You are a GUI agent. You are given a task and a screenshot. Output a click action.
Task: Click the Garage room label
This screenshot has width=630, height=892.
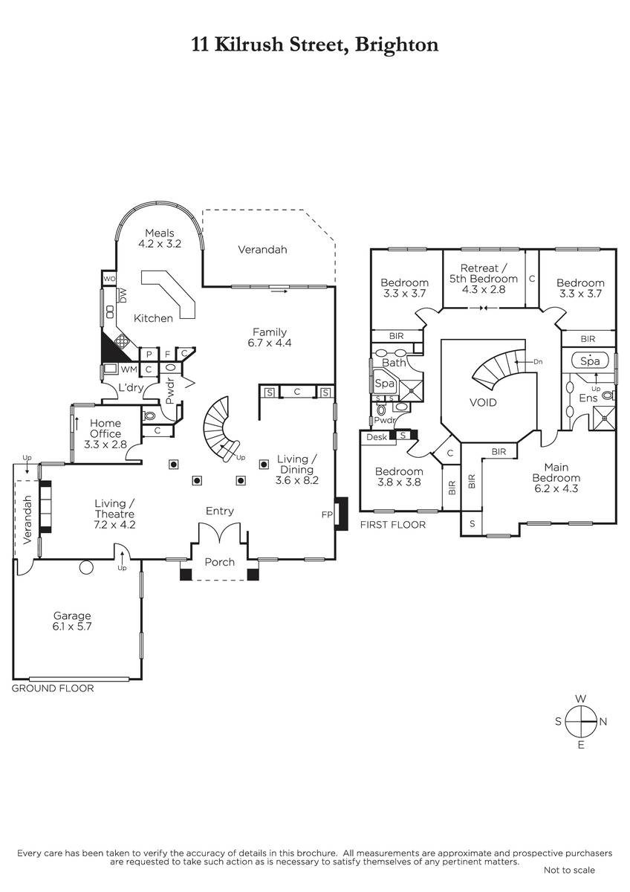tap(72, 621)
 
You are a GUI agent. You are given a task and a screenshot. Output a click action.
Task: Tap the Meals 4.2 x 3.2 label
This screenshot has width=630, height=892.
tap(160, 238)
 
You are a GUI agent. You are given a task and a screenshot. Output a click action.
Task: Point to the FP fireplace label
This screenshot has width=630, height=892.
tap(327, 514)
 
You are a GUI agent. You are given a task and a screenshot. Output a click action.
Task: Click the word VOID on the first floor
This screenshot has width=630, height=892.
tap(483, 402)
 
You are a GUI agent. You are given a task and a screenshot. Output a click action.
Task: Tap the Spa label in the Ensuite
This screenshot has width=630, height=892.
tap(589, 361)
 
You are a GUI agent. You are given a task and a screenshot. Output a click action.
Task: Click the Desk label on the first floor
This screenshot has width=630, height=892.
tap(377, 436)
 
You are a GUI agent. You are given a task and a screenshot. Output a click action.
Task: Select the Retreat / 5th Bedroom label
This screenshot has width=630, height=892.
tap(483, 279)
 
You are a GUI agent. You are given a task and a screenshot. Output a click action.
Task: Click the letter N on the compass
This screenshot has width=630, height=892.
tap(603, 721)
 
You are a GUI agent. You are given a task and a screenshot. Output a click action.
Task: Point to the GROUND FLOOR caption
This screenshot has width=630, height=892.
tap(53, 688)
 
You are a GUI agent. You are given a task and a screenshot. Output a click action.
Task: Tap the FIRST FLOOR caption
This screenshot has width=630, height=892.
tap(392, 525)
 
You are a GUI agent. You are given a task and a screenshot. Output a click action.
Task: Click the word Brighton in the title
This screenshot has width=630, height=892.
tap(397, 45)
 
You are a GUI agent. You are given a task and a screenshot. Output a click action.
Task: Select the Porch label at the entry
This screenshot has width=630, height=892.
tap(220, 562)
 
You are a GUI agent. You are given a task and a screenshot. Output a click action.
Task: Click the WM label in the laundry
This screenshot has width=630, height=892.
tap(129, 369)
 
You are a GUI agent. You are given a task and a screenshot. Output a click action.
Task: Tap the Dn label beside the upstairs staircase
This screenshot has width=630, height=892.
tap(539, 361)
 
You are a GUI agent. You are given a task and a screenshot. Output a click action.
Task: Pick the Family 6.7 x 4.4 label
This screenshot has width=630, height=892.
tap(270, 337)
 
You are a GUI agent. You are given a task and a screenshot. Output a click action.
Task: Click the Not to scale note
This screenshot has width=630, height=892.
tap(569, 870)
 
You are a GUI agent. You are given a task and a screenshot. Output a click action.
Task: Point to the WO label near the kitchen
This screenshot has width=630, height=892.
tap(108, 279)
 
